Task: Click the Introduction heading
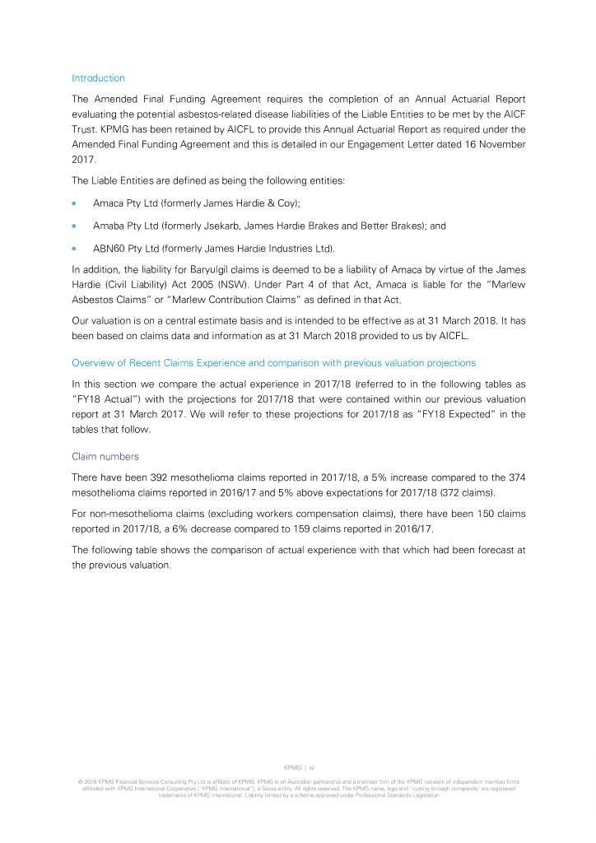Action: (98, 78)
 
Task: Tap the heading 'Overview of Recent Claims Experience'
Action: (273, 363)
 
